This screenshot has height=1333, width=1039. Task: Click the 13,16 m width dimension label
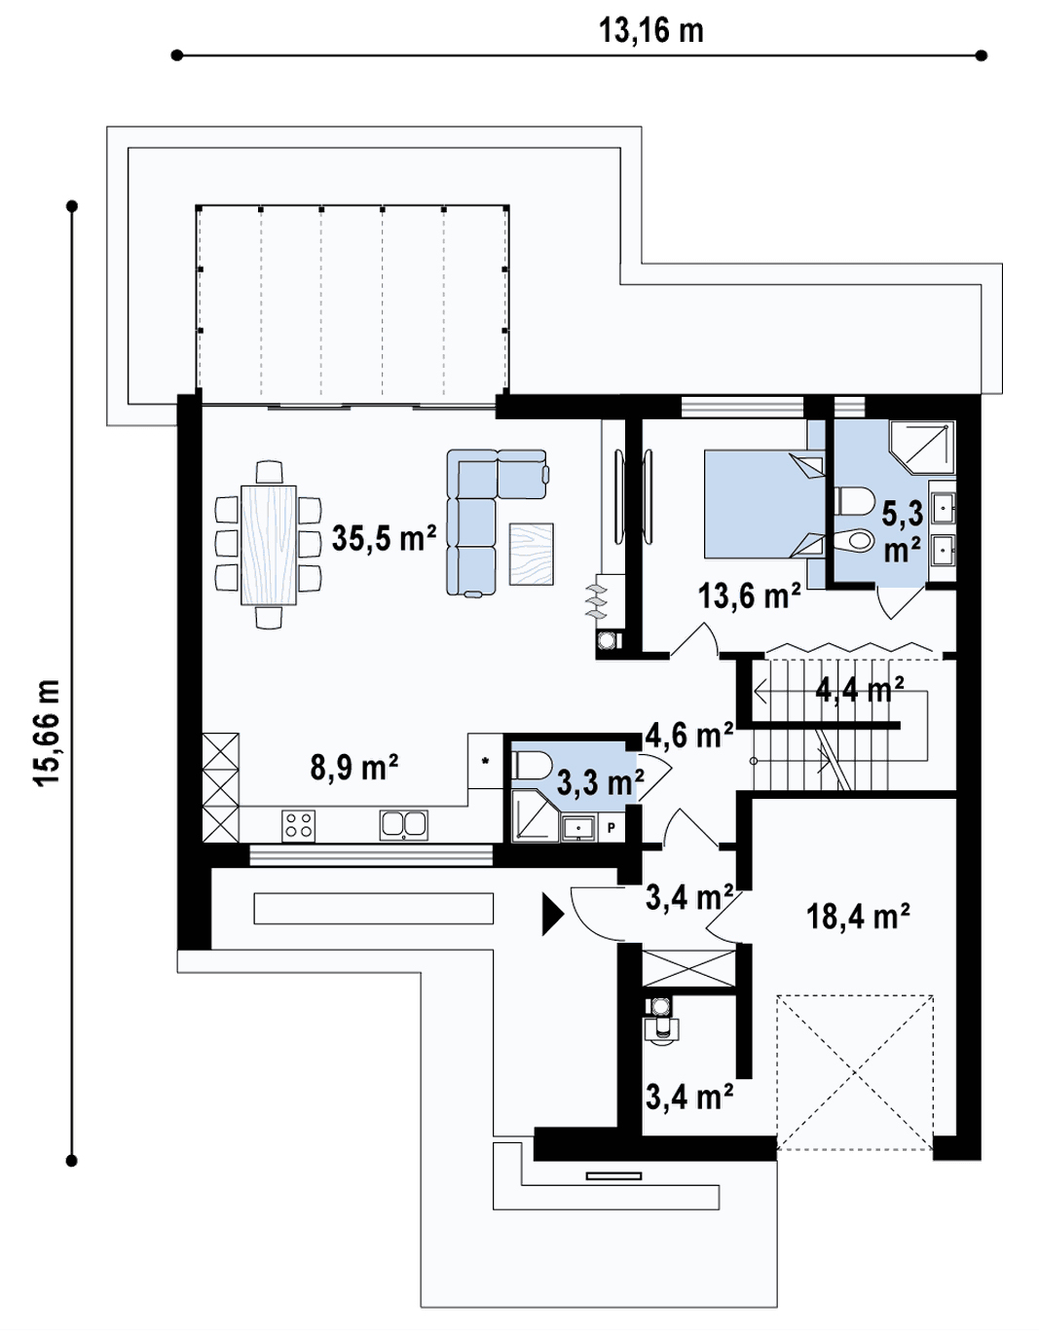click(x=650, y=31)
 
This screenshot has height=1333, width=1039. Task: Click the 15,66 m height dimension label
click(x=47, y=733)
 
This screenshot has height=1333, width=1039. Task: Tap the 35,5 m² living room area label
click(x=385, y=538)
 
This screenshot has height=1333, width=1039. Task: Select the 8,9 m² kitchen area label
click(x=354, y=767)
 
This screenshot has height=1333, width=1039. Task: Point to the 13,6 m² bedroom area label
click(x=750, y=595)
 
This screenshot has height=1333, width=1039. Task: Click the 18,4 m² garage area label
click(x=857, y=917)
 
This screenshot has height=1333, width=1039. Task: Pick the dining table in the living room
click(x=269, y=545)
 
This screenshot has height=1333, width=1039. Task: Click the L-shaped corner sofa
click(x=496, y=522)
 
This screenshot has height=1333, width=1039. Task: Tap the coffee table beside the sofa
click(x=532, y=554)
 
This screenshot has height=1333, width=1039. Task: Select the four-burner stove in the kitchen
click(x=299, y=826)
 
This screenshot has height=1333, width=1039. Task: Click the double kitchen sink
click(x=403, y=825)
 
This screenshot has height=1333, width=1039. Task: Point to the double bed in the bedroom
click(x=764, y=504)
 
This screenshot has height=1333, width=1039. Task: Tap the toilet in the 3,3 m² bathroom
click(x=532, y=766)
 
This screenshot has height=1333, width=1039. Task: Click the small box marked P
click(x=612, y=828)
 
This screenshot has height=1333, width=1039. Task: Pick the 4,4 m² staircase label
click(x=859, y=691)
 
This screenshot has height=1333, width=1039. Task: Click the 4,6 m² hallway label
click(x=689, y=735)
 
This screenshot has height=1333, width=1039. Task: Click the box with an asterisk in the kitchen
click(x=486, y=761)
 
